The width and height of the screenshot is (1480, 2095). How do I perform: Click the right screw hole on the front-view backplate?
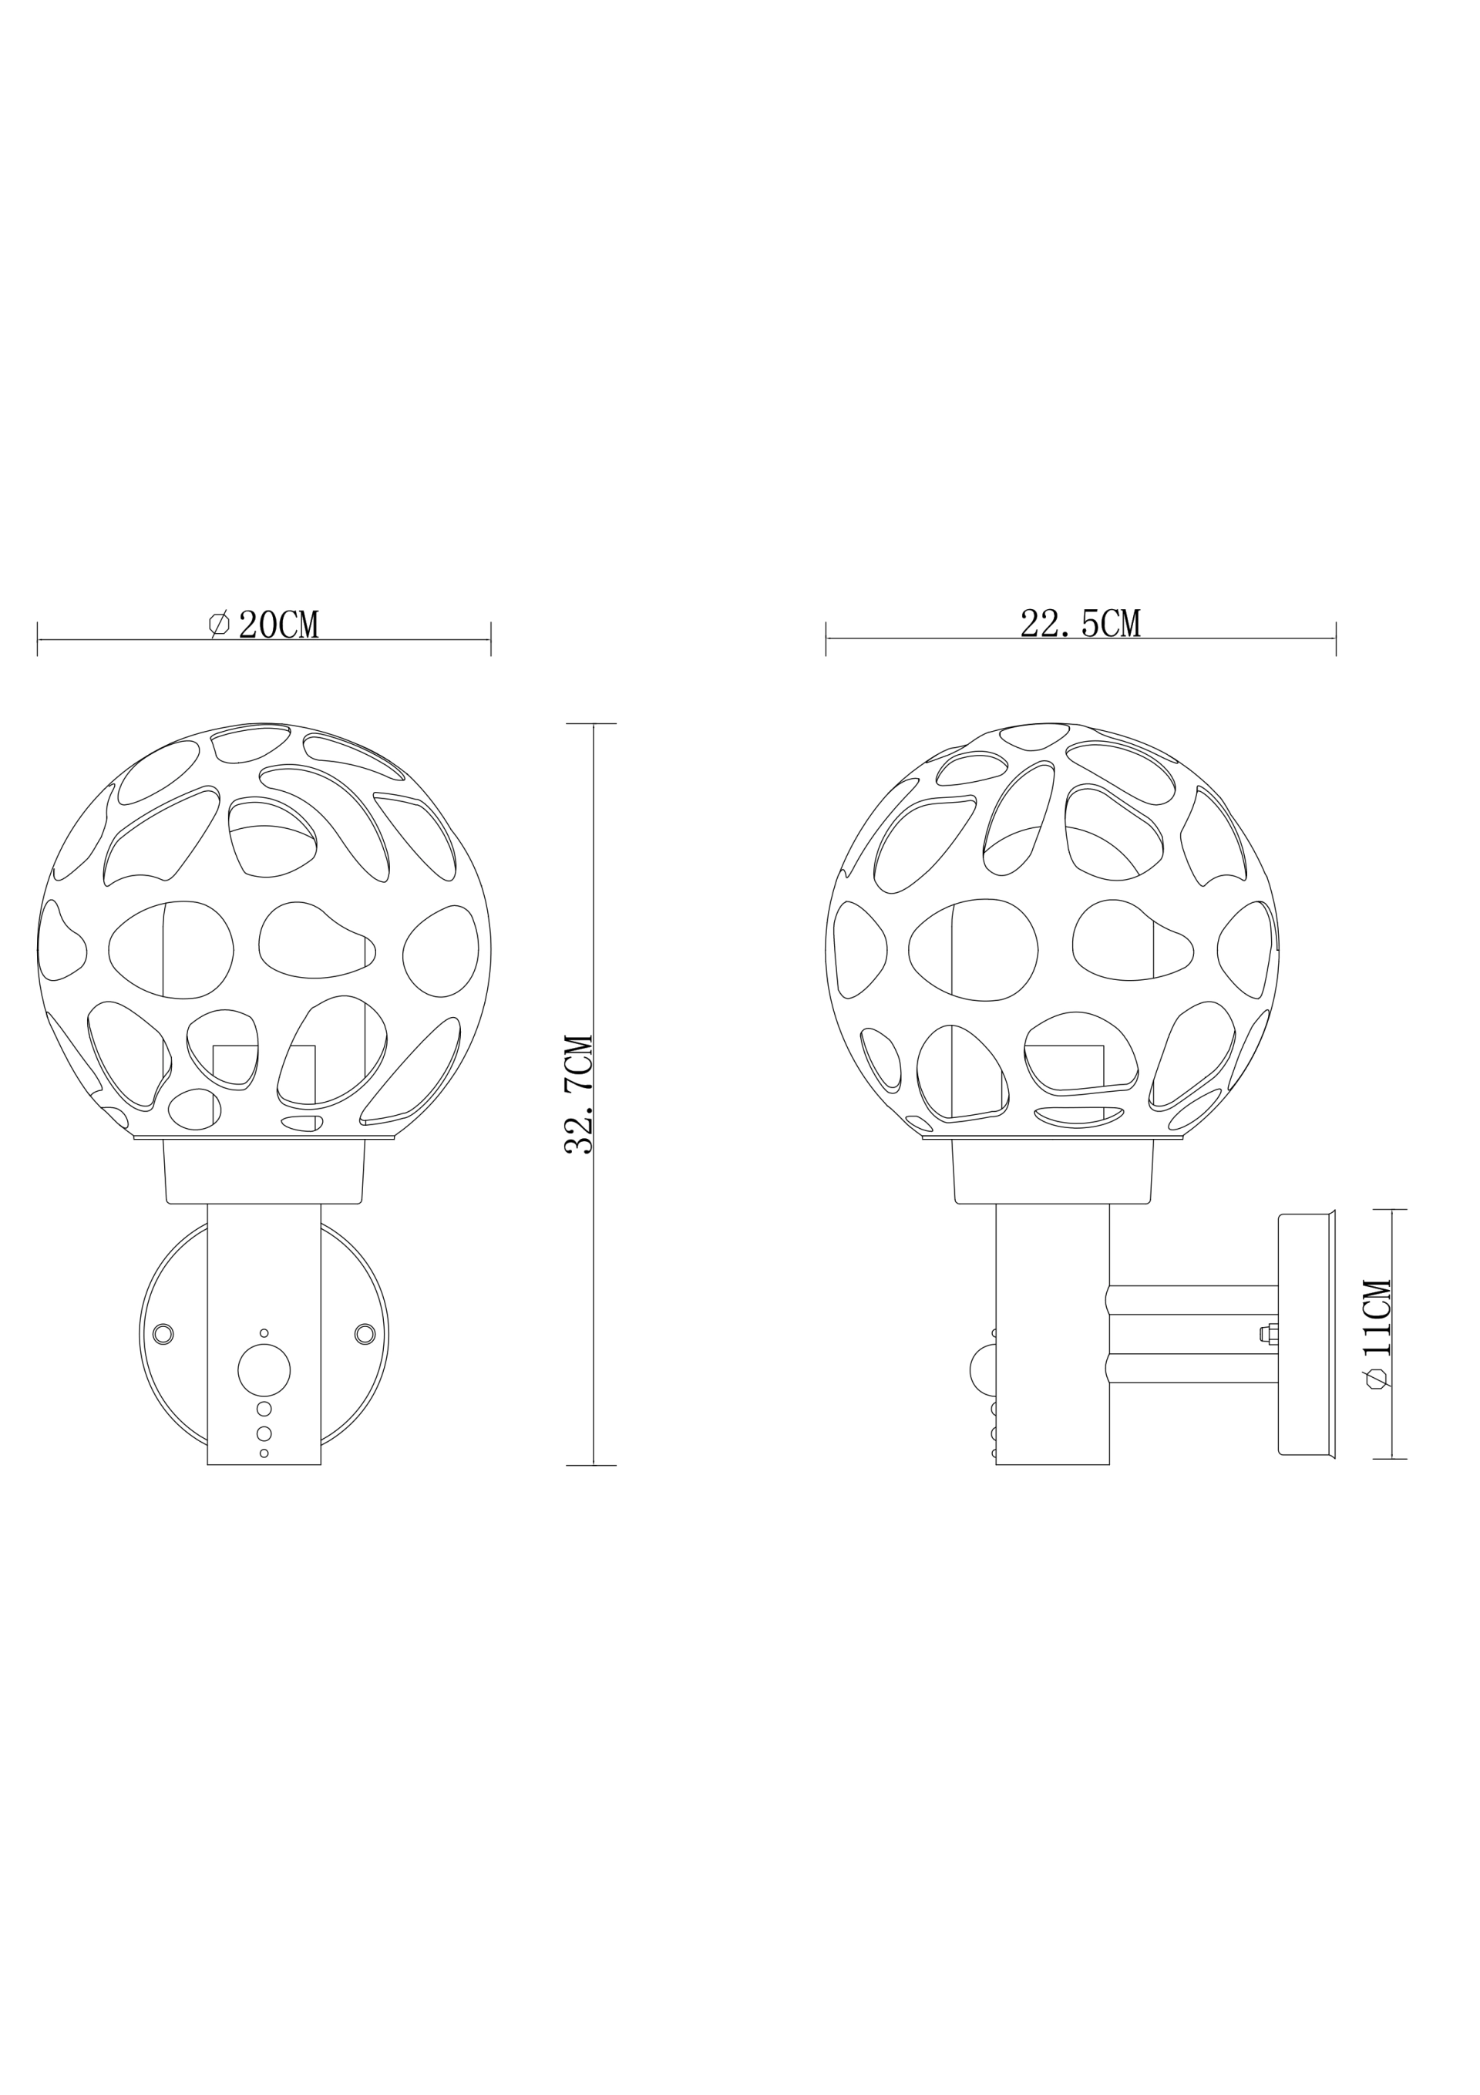364,1334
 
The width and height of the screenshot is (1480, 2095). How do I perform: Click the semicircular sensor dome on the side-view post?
984,1369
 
